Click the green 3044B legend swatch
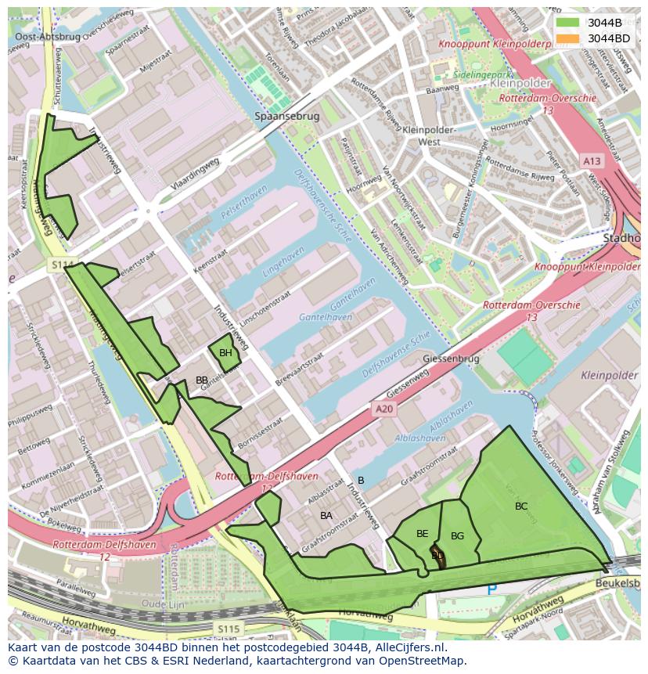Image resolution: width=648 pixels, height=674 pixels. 568,23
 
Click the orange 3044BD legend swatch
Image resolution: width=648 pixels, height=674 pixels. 568,38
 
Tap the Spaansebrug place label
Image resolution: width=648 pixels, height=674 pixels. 287,116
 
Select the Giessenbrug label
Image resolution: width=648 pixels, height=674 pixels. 450,359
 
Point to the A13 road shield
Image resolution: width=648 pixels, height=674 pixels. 592,160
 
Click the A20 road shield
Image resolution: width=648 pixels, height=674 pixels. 382,409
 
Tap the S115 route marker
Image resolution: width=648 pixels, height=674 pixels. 229,629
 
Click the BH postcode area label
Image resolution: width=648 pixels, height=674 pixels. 225,353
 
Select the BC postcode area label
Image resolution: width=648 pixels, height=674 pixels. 521,506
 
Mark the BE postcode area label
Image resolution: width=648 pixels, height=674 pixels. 422,534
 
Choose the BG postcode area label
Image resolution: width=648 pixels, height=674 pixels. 458,536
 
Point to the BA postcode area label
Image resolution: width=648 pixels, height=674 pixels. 326,515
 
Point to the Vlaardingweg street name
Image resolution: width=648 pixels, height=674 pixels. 195,175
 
